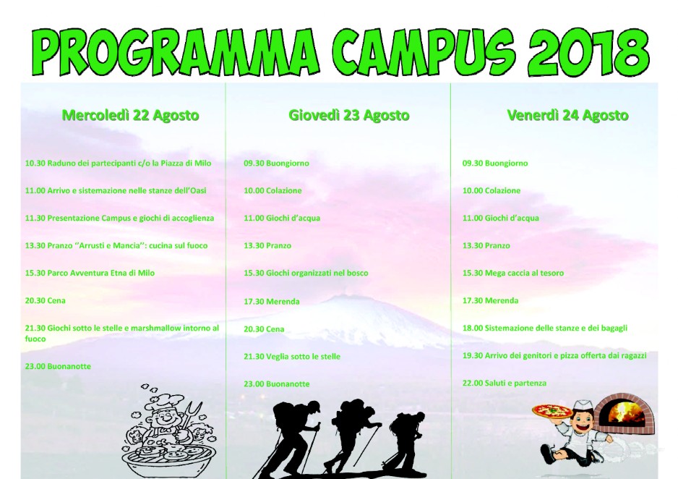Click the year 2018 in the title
(589, 52)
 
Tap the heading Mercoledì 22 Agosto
(130, 116)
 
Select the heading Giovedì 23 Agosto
(349, 116)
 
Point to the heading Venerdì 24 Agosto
(567, 116)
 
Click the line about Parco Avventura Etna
(90, 273)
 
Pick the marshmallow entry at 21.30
(122, 333)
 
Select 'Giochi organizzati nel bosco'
(306, 273)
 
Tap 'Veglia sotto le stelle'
(292, 357)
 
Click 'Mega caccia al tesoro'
(512, 273)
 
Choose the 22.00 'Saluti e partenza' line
(505, 383)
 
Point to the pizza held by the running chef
(546, 411)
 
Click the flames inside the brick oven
(623, 412)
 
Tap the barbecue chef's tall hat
(158, 402)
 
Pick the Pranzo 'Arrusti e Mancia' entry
(116, 245)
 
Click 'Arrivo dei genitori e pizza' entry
(554, 356)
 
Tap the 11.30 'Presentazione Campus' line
(119, 218)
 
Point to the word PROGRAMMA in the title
(176, 52)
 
